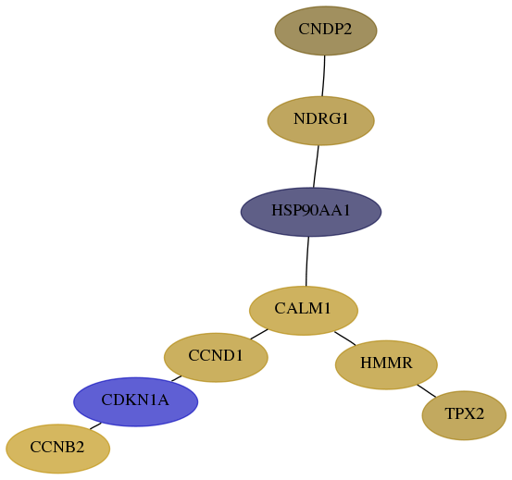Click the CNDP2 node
click(x=326, y=31)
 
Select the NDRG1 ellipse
click(x=320, y=120)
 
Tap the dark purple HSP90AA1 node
click(x=311, y=212)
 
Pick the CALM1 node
click(x=304, y=311)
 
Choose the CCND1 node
click(x=216, y=357)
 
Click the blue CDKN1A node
click(x=135, y=401)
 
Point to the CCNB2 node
click(x=57, y=449)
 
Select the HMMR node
click(x=386, y=365)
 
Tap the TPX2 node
click(x=464, y=415)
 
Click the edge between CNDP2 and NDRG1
click(x=324, y=76)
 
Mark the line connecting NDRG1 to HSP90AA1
click(x=316, y=166)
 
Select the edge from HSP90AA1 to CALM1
click(x=307, y=262)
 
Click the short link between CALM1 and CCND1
click(x=259, y=334)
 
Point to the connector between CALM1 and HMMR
click(x=345, y=338)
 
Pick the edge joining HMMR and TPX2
click(x=427, y=391)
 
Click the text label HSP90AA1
click(x=311, y=211)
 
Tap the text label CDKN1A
click(x=135, y=400)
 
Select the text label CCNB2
click(x=57, y=447)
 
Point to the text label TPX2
click(x=464, y=413)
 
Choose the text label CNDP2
click(x=325, y=30)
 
